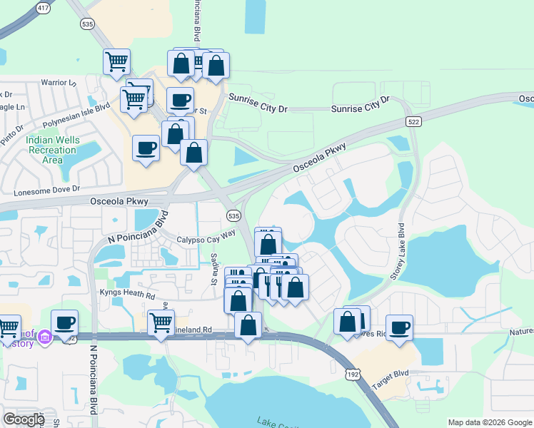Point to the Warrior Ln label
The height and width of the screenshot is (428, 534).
(58, 83)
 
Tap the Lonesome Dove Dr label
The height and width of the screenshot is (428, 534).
(46, 190)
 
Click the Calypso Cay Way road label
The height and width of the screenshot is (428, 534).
(206, 236)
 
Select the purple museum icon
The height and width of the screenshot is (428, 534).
(45, 336)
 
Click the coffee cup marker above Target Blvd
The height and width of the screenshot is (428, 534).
(400, 328)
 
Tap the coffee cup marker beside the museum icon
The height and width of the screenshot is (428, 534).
(64, 322)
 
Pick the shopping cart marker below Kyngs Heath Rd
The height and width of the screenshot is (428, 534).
(161, 322)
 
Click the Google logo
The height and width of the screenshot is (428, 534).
(24, 419)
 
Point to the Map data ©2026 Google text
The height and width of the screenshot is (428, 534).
(489, 422)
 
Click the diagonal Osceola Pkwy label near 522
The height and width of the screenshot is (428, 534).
(319, 158)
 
